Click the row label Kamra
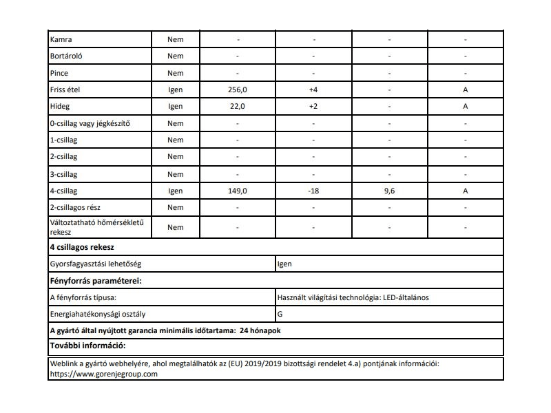(x=61, y=39)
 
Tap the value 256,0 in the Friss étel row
(x=237, y=89)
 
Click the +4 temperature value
(x=313, y=89)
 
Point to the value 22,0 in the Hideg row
(x=237, y=107)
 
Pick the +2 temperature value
(x=313, y=107)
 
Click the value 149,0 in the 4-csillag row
(x=237, y=191)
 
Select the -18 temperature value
(x=313, y=191)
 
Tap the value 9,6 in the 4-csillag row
(x=389, y=191)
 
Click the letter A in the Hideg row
(x=466, y=107)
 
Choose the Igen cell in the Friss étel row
(x=175, y=89)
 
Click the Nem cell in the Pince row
(x=175, y=73)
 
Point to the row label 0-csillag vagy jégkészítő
(x=90, y=123)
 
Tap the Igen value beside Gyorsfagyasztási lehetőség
(x=284, y=264)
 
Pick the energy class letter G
(x=279, y=315)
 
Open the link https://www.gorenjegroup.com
(x=104, y=374)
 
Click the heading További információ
(x=90, y=345)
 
